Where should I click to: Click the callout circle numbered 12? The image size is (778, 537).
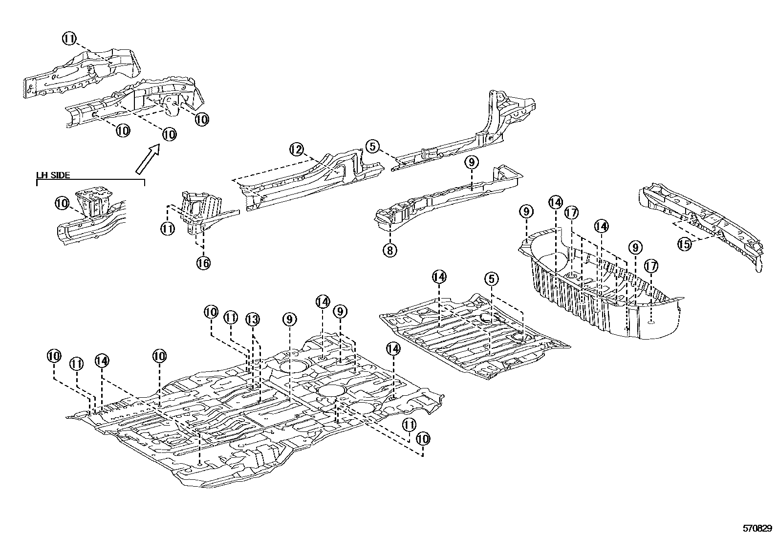(297, 150)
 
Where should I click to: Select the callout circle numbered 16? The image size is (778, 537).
(203, 263)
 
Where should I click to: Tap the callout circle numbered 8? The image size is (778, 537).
(389, 250)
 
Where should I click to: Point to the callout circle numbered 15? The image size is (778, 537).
(685, 244)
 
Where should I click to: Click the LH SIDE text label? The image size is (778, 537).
(53, 175)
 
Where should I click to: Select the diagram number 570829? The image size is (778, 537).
(757, 529)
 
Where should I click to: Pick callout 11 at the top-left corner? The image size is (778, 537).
(69, 38)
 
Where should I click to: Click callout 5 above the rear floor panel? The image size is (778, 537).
(492, 279)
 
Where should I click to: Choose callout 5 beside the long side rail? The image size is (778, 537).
(372, 146)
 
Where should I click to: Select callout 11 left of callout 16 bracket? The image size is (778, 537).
(168, 228)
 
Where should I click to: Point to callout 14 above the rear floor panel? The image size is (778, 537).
(439, 277)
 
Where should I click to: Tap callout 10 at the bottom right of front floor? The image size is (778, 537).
(423, 438)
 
